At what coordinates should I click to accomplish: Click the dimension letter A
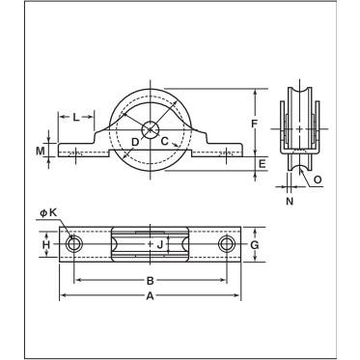(150, 295)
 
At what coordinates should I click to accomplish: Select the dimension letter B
(151, 281)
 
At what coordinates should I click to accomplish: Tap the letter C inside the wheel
(164, 141)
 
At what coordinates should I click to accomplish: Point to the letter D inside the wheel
(135, 142)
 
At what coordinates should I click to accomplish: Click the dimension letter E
(263, 164)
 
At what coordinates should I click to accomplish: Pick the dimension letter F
(255, 124)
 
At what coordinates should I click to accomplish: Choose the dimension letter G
(255, 245)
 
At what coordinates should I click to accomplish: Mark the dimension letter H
(46, 245)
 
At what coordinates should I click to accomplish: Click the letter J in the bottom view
(160, 245)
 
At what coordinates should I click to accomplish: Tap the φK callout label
(48, 212)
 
